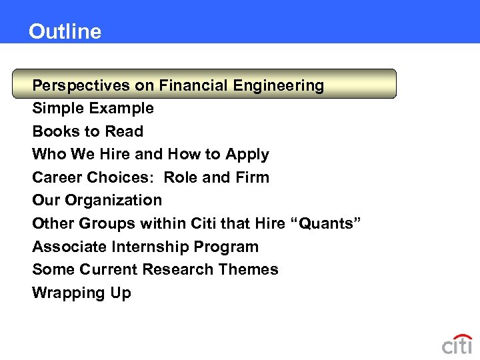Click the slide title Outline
pyautogui.click(x=65, y=31)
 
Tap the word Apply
pyautogui.click(x=247, y=155)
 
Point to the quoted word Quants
pyautogui.click(x=327, y=223)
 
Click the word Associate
pyautogui.click(x=68, y=247)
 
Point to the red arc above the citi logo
pyautogui.click(x=461, y=335)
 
